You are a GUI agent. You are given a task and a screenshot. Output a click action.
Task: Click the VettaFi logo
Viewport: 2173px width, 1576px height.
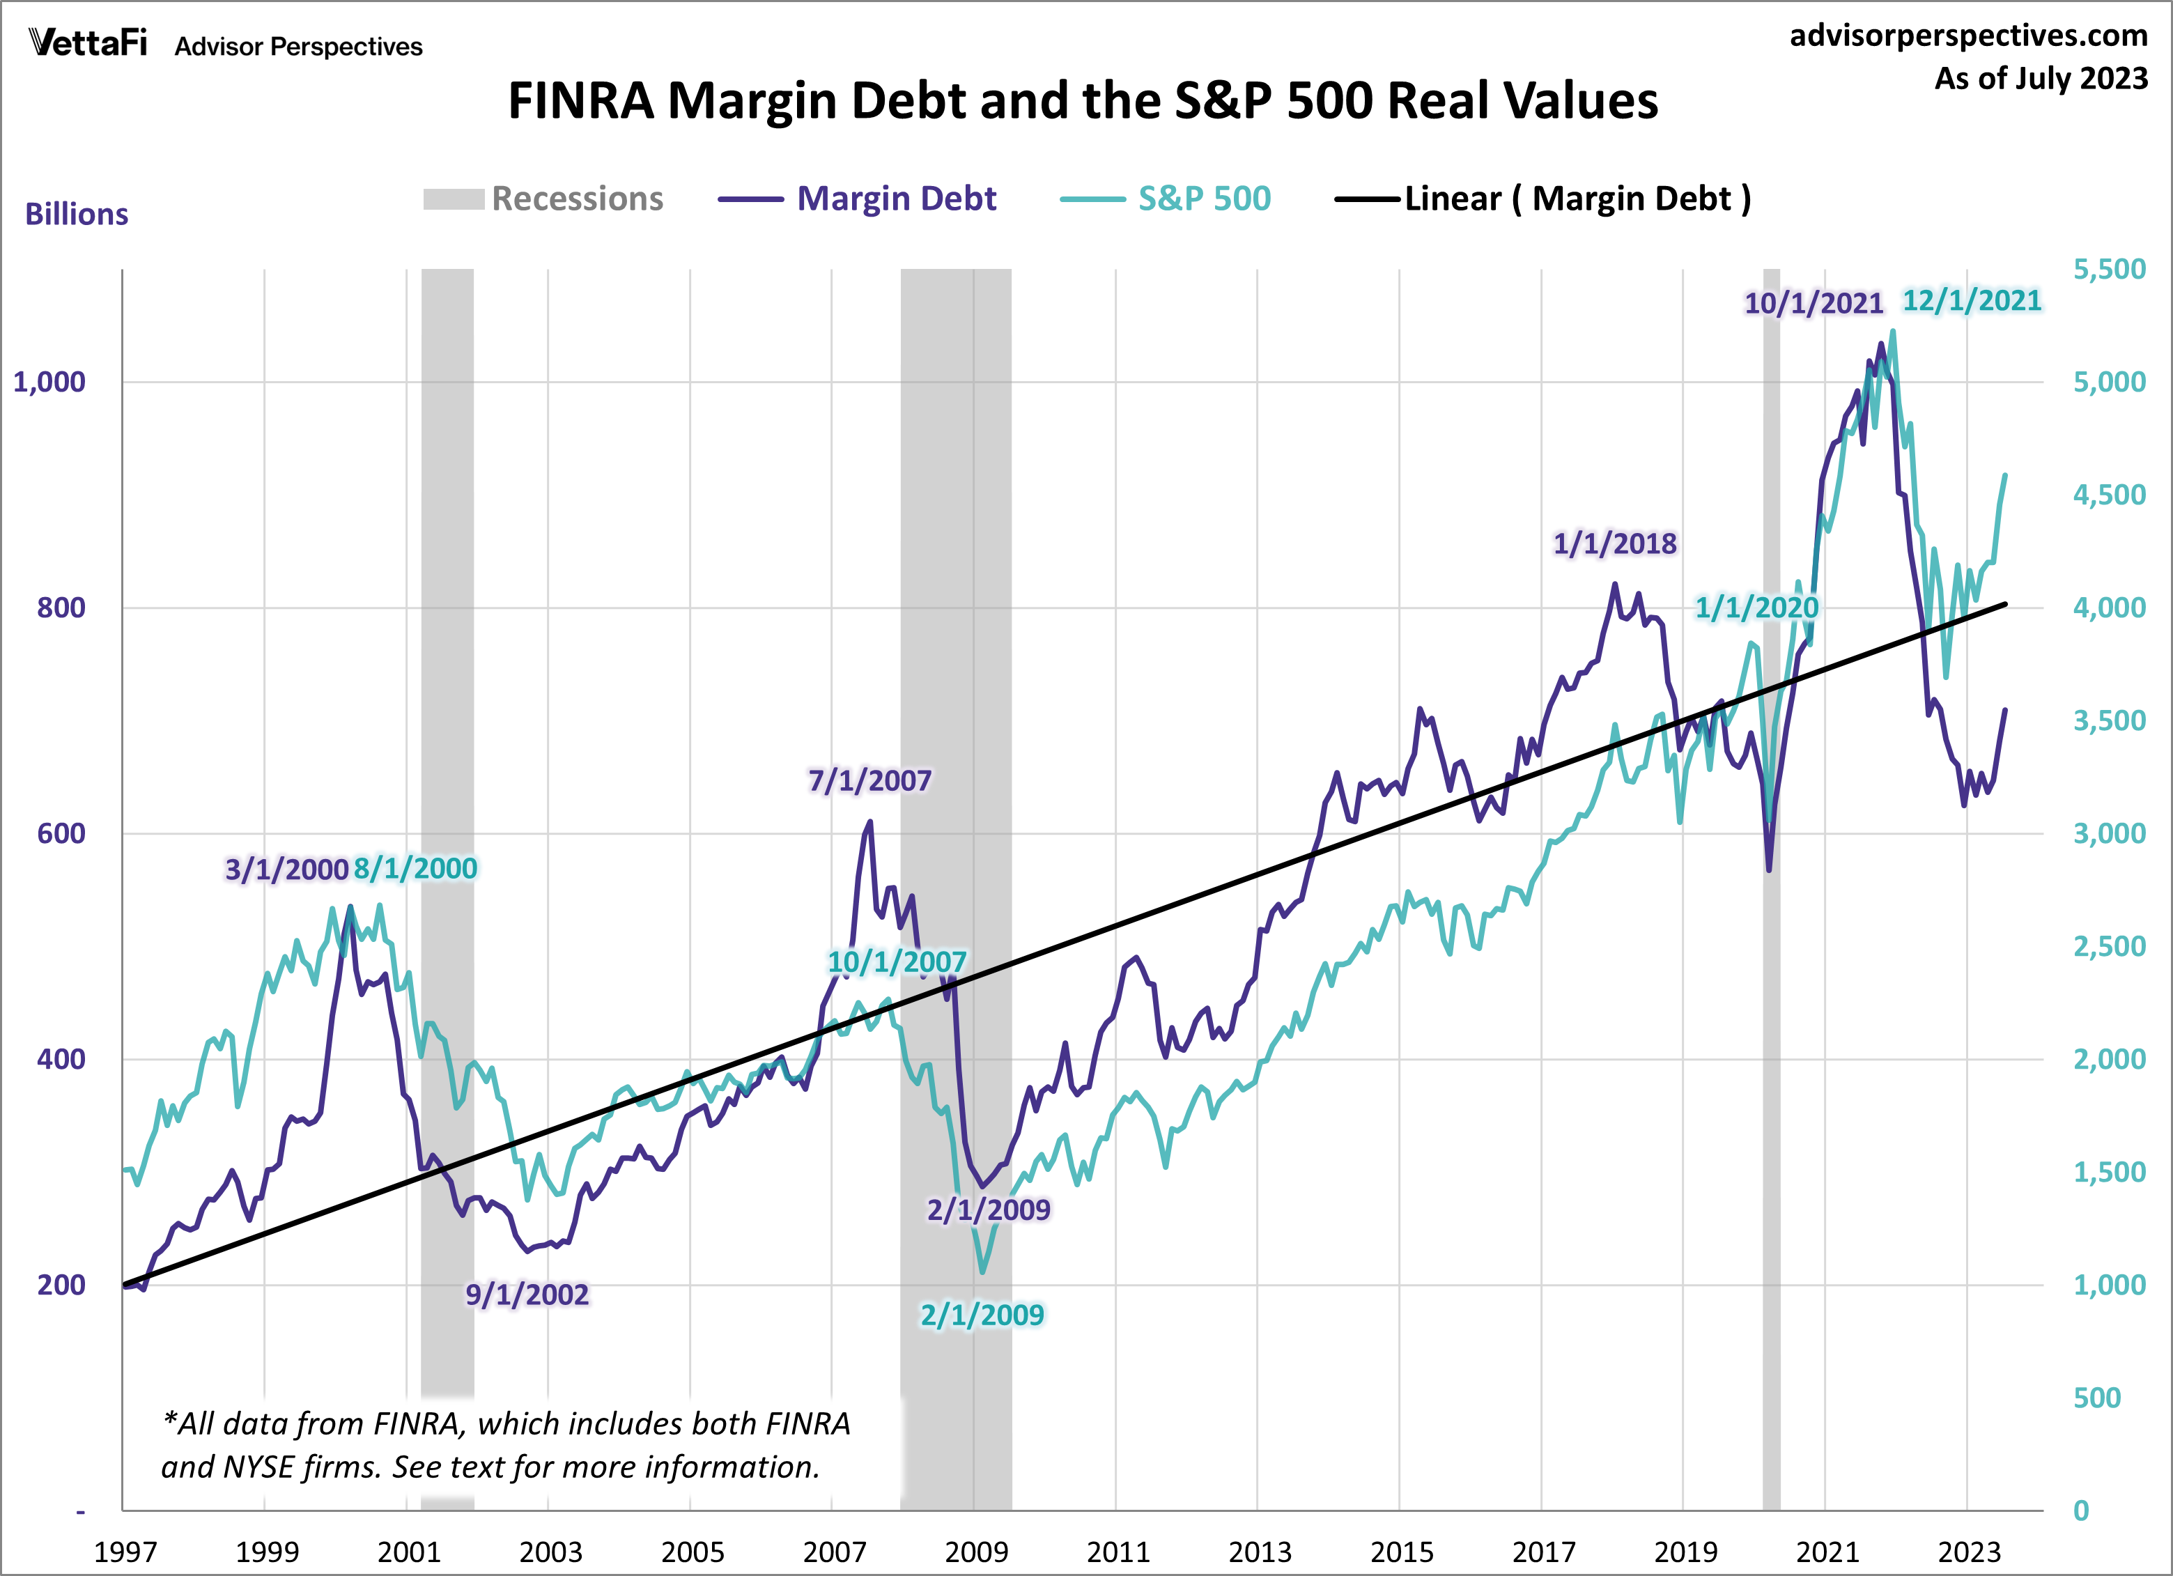(x=88, y=43)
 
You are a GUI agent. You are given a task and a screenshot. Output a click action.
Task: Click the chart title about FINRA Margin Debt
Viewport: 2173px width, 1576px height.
(x=1083, y=100)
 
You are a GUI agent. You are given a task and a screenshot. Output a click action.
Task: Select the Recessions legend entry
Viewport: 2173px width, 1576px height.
(x=543, y=199)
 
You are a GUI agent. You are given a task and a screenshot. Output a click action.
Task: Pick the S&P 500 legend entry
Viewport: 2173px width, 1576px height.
(x=1166, y=199)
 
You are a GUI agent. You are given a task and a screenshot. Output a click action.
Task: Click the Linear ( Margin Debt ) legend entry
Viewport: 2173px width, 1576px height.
(x=1542, y=199)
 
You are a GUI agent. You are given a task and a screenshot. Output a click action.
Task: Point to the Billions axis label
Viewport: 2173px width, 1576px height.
(x=77, y=215)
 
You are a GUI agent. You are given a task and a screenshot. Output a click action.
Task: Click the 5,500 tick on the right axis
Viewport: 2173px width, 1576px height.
(x=2109, y=269)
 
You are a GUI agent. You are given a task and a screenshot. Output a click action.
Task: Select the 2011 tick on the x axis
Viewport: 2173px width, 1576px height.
(x=1118, y=1551)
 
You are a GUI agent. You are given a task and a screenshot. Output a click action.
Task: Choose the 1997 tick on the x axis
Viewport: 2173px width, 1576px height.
(x=125, y=1551)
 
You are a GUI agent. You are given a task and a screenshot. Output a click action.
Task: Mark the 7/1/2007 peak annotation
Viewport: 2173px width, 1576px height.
(x=869, y=781)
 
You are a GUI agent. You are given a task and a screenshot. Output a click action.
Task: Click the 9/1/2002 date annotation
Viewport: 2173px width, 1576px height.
(x=527, y=1295)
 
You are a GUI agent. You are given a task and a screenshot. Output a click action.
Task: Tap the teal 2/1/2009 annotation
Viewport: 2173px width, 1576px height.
(x=982, y=1315)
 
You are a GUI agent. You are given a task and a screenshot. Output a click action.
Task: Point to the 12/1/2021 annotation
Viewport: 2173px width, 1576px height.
(x=1971, y=301)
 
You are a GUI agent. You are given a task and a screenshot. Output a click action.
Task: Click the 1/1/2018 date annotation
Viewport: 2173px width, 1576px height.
(x=1614, y=544)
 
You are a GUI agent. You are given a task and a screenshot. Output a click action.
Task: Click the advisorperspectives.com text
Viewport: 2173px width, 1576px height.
(x=1968, y=36)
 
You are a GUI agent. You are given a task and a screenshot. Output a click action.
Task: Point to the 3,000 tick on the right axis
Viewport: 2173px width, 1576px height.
(x=2109, y=833)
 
